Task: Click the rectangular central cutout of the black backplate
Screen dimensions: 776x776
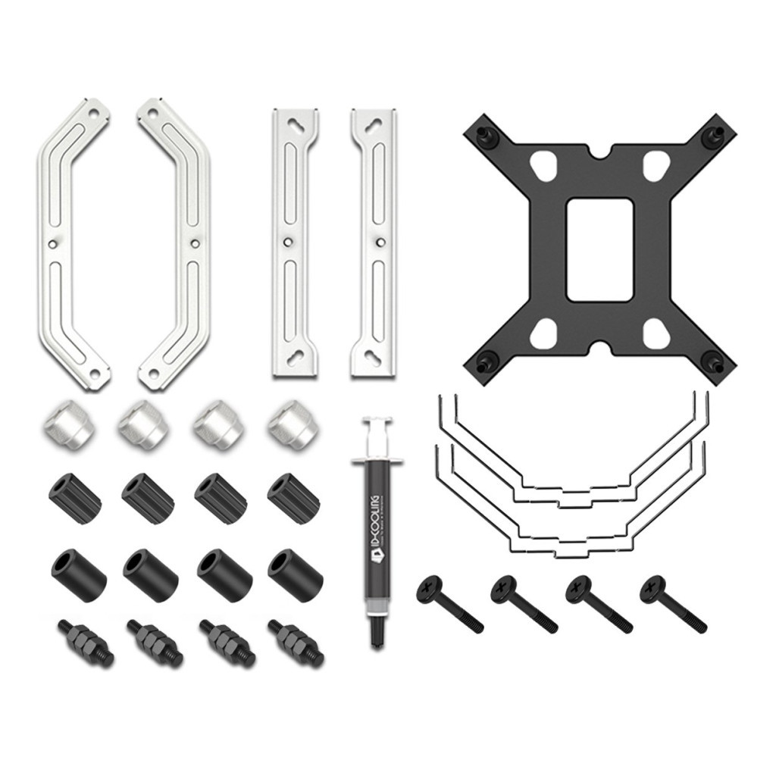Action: (x=599, y=249)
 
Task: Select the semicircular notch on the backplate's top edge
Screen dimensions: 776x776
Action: (x=599, y=154)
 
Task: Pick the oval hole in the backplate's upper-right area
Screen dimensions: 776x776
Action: (x=656, y=166)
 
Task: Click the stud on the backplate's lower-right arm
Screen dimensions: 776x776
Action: (x=713, y=361)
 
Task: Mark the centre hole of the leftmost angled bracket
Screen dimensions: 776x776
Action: (x=52, y=243)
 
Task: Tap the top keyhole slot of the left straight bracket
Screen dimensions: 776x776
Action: (x=294, y=125)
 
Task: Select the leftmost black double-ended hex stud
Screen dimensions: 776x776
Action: (x=85, y=643)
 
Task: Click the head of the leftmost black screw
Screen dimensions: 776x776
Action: (x=429, y=589)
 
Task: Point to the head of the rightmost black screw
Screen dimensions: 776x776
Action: (x=652, y=589)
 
